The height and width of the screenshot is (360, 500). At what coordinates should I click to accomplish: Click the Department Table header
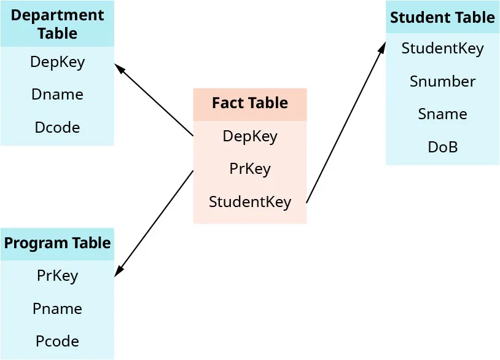57,24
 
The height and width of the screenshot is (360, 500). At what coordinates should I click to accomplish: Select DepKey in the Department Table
57,62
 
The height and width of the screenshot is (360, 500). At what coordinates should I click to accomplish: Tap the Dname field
57,95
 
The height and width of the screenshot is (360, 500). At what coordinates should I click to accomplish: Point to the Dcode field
57,127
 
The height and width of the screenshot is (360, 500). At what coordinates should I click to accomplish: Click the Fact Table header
250,103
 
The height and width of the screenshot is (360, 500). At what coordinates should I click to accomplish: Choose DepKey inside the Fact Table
250,136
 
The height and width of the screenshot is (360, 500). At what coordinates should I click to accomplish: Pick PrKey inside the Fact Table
250,168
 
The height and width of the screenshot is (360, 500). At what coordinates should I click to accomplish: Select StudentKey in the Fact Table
250,202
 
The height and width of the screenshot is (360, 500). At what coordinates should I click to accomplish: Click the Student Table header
442,17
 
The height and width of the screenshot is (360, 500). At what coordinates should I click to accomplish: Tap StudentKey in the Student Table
442,49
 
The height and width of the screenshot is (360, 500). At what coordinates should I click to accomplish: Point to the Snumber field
442,82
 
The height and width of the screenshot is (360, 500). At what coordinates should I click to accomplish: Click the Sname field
442,114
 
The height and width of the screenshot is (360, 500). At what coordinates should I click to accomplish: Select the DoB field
442,147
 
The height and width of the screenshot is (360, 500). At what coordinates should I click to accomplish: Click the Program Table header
57,243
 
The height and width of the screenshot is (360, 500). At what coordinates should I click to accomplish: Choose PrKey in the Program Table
57,275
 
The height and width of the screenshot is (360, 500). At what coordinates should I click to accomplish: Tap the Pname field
57,308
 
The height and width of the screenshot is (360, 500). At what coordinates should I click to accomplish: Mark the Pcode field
57,341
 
